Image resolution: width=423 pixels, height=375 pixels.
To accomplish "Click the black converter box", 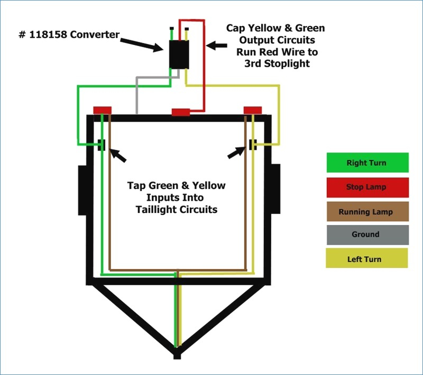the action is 179,55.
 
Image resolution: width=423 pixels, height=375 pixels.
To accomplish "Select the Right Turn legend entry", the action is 367,163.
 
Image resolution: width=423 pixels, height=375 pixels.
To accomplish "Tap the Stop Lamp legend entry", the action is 367,187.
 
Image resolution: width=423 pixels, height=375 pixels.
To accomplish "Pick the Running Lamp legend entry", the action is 367,211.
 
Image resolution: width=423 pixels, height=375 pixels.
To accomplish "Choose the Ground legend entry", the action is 367,235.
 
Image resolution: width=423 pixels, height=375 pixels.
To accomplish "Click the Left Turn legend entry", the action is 367,258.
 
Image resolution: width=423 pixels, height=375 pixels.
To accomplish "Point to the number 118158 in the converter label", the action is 48,34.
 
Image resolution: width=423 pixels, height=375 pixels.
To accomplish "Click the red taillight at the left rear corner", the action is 102,110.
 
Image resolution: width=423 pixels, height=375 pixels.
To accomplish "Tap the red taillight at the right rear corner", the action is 253,110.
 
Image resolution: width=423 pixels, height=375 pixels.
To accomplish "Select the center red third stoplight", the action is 181,112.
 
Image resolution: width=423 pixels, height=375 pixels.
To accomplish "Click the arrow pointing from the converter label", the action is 142,45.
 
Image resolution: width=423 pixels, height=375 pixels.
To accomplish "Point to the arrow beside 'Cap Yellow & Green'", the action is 216,46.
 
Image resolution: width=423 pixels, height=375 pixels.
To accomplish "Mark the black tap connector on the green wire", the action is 102,145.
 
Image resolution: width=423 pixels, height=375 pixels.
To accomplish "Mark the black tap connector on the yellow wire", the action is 253,145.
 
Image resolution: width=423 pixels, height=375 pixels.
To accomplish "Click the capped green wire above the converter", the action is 171,34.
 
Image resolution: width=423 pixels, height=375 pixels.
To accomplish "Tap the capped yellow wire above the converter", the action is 187,34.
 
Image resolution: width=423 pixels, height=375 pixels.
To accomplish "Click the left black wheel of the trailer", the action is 82,191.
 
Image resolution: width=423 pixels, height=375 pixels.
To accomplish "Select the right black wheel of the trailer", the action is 275,189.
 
